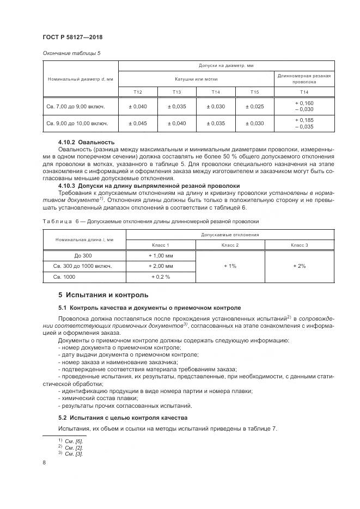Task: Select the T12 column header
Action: click(x=138, y=91)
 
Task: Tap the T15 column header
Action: click(x=254, y=91)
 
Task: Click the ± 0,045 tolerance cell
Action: click(x=138, y=123)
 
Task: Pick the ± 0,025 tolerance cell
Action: click(x=254, y=106)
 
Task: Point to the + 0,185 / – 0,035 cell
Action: click(x=304, y=123)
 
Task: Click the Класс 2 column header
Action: click(x=229, y=246)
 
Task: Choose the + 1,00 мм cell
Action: click(x=160, y=255)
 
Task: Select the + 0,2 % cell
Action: click(x=160, y=277)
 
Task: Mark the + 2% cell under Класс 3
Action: click(x=299, y=266)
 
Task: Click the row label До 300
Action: click(x=84, y=255)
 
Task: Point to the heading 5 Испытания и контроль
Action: click(x=103, y=295)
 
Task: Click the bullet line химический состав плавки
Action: click(x=95, y=398)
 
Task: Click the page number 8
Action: click(x=44, y=462)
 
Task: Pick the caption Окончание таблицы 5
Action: click(x=71, y=53)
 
